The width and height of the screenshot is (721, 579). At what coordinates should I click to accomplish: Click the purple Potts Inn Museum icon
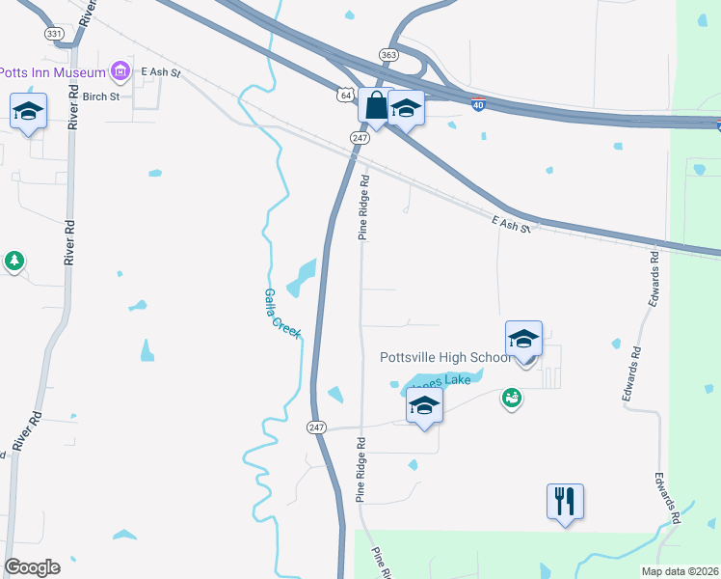click(120, 70)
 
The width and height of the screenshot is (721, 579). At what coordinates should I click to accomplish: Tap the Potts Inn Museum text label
click(52, 71)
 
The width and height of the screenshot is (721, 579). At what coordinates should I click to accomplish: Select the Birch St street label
click(100, 96)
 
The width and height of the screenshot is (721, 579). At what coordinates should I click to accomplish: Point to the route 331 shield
click(54, 33)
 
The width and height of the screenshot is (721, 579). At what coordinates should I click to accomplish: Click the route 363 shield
click(388, 56)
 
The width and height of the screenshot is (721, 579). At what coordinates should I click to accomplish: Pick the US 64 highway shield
click(345, 95)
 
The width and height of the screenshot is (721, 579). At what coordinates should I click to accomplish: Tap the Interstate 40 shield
click(478, 105)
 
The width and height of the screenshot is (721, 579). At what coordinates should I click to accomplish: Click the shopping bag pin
click(376, 106)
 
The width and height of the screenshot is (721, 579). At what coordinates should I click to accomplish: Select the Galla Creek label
click(282, 312)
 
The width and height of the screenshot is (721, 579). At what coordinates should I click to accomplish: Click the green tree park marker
click(14, 261)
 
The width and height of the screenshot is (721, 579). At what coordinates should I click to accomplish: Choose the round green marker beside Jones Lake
click(512, 397)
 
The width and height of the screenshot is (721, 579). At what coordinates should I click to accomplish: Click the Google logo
click(32, 567)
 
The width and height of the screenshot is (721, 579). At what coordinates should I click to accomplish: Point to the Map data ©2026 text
click(680, 571)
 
